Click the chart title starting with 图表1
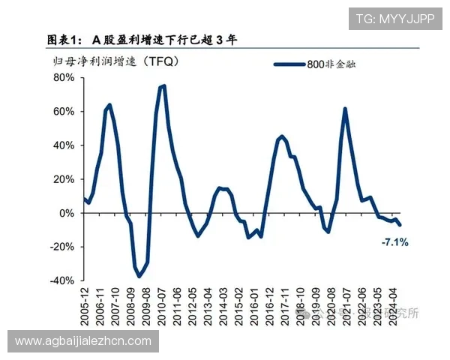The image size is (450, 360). coord(142,39)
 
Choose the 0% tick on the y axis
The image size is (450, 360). coord(66,212)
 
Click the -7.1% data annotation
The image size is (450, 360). coord(394,242)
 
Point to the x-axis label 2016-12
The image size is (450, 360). coord(269,307)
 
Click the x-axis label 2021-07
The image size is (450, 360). coord(346,307)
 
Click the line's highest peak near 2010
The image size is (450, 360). coord(163,85)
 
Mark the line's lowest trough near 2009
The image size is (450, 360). coord(139,277)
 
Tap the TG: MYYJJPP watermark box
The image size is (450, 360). coord(394,19)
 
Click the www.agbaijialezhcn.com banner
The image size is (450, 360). coord(83,341)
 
